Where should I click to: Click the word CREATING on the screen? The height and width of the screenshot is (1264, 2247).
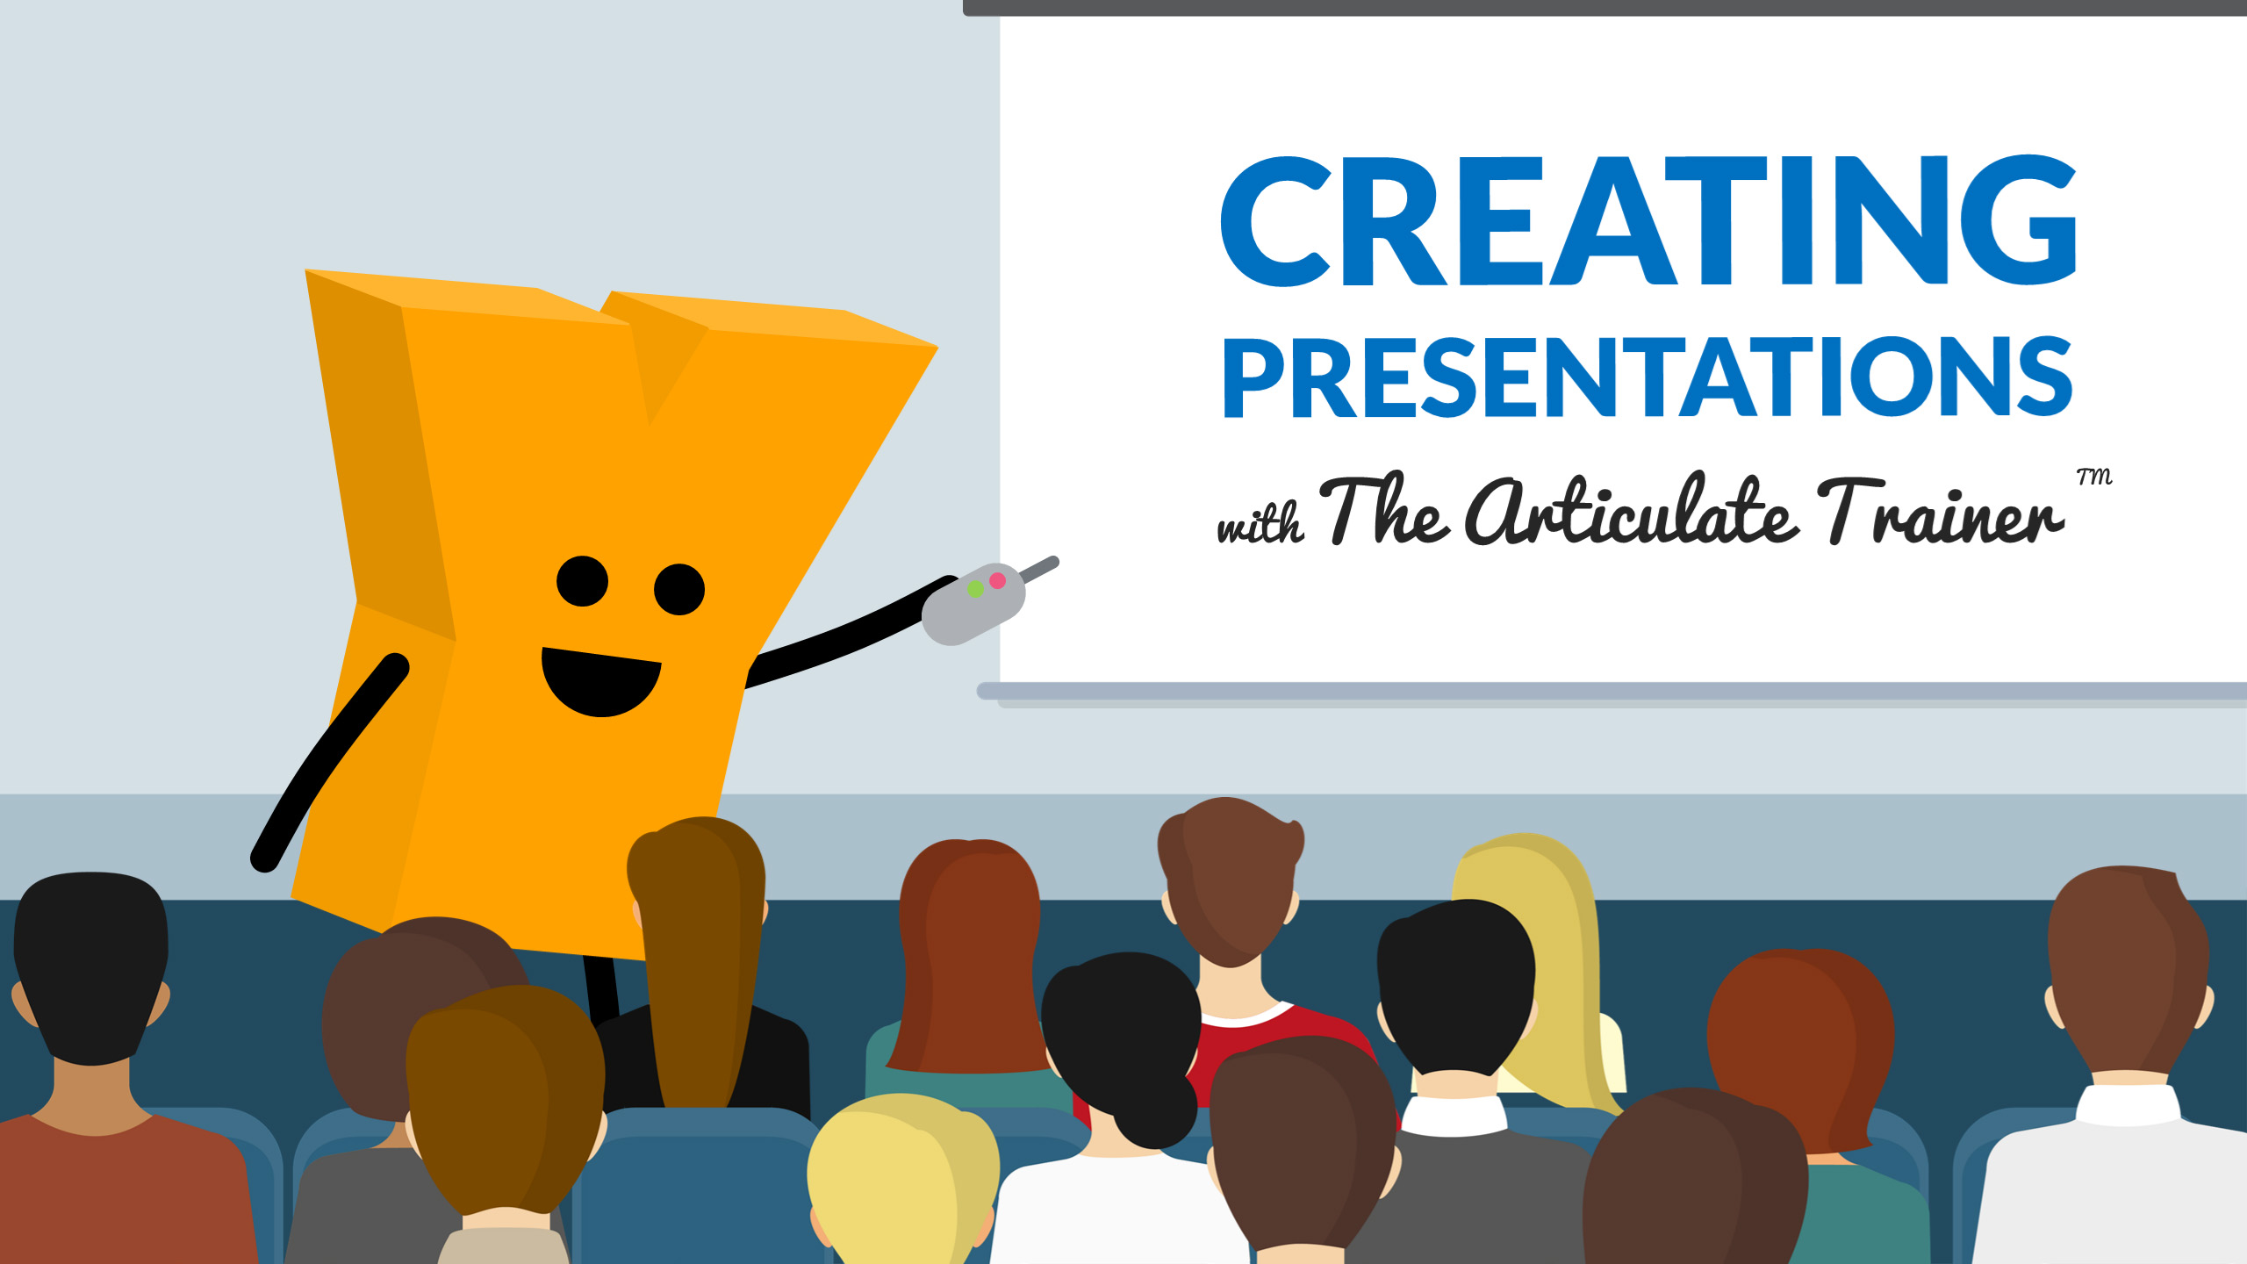(1648, 220)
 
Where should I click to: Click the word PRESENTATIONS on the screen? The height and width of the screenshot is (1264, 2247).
(1648, 377)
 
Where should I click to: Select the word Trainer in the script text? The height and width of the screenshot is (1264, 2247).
(1940, 513)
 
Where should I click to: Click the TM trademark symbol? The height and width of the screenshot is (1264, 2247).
(2094, 477)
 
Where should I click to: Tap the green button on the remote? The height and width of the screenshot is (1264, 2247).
(975, 590)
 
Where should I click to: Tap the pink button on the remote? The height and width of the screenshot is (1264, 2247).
(997, 580)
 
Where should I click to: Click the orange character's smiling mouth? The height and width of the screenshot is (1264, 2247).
(601, 681)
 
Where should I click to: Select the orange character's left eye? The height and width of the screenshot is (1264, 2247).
(582, 581)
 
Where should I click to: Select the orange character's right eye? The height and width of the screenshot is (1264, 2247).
(679, 589)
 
